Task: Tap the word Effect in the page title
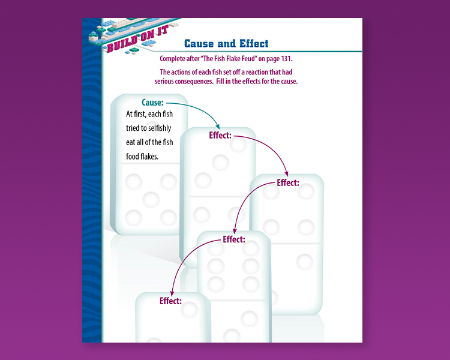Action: tap(254, 44)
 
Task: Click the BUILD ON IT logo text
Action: tap(137, 39)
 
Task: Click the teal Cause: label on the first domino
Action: tap(152, 103)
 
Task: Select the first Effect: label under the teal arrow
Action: tap(220, 135)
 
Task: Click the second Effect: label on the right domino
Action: tap(288, 182)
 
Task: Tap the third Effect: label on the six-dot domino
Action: tap(234, 239)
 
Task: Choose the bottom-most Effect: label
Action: tap(171, 301)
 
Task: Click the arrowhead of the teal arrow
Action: tap(218, 127)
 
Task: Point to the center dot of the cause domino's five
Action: tap(151, 199)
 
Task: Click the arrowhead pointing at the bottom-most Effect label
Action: tap(172, 293)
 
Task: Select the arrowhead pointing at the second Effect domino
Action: tap(286, 173)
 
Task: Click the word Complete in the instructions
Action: tap(172, 59)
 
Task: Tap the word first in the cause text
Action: tap(140, 114)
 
